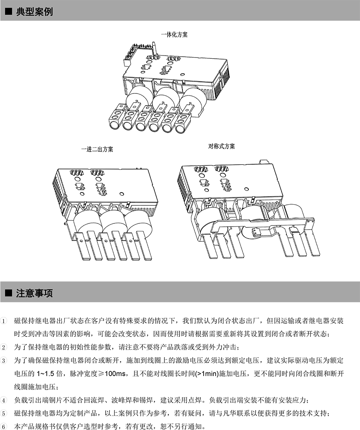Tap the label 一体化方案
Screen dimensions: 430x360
click(x=174, y=35)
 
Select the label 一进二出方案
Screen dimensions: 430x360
click(x=97, y=149)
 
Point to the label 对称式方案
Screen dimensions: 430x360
click(x=222, y=146)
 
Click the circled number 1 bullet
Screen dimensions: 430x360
click(x=4, y=321)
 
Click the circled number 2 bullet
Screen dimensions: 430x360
click(x=4, y=347)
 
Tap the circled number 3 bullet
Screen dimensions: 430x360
click(x=4, y=360)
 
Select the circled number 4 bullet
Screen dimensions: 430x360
click(x=4, y=400)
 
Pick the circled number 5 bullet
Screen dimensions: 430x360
click(x=4, y=413)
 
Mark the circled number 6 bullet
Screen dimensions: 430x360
click(x=4, y=426)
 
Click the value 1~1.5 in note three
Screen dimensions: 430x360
click(x=46, y=374)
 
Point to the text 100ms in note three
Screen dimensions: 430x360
click(x=115, y=374)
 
